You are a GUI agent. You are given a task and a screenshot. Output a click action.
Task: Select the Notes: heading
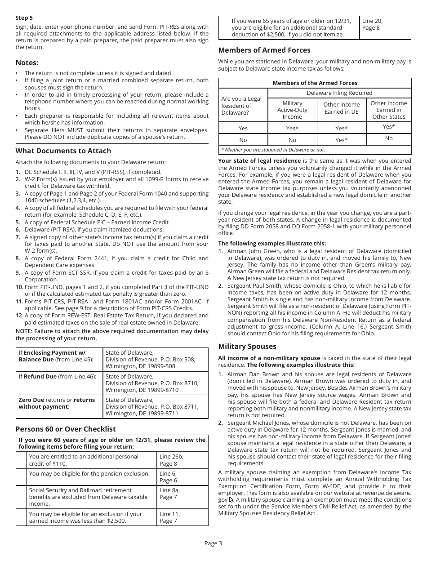point(27,62)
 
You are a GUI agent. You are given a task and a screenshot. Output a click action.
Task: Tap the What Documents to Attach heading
point(63,151)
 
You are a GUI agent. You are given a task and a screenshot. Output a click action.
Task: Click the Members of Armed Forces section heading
point(264,50)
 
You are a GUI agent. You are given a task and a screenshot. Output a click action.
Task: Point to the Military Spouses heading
point(247,346)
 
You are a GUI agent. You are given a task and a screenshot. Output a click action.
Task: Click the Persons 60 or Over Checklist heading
point(66,429)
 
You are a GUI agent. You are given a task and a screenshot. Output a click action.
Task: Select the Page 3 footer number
point(213,543)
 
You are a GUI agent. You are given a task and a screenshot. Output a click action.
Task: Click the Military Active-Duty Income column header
point(292,110)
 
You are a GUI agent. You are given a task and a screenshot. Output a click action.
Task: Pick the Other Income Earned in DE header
point(342,108)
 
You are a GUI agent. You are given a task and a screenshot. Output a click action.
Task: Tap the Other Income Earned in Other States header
point(389,110)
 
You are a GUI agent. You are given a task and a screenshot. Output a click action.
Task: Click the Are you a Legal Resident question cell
point(243,106)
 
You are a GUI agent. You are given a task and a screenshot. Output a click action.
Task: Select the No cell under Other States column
point(389,138)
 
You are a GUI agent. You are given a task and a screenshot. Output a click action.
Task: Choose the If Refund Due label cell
point(59,377)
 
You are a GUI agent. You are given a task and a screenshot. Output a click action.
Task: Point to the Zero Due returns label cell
point(59,403)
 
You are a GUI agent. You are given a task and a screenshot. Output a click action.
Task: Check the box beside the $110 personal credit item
point(21,460)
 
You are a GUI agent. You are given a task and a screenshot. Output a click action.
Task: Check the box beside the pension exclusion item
point(21,477)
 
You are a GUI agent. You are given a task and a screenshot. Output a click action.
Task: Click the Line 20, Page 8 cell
point(385,27)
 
